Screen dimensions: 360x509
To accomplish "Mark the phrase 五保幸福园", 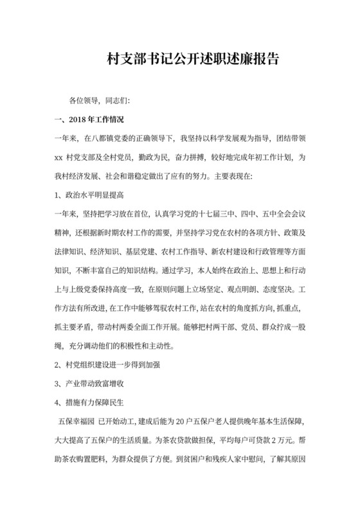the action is [76, 422].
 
